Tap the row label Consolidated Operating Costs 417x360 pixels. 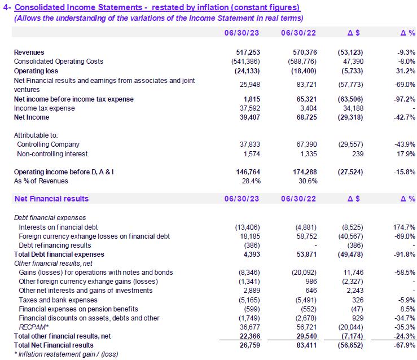pos(59,61)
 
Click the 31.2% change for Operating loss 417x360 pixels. pos(405,70)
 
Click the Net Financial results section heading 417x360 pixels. pos(51,199)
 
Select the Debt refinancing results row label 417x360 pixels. pos(55,245)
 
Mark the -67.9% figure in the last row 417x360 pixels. pos(404,345)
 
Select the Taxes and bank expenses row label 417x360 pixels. pos(55,299)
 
